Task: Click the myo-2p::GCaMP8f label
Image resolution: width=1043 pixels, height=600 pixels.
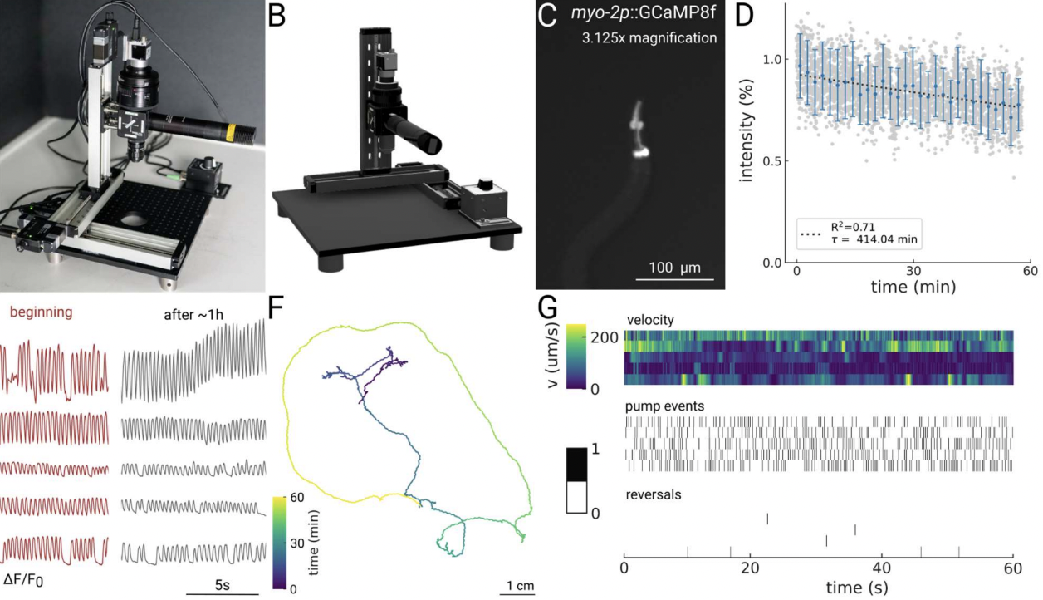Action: point(639,14)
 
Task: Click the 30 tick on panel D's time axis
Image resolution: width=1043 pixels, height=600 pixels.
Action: point(913,272)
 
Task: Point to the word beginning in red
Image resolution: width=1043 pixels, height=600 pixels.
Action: point(39,313)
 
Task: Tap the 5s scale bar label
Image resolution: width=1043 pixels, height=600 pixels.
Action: point(222,585)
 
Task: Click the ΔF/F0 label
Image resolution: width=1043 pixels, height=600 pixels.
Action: point(23,578)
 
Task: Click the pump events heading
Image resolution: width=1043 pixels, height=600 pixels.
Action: point(664,407)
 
